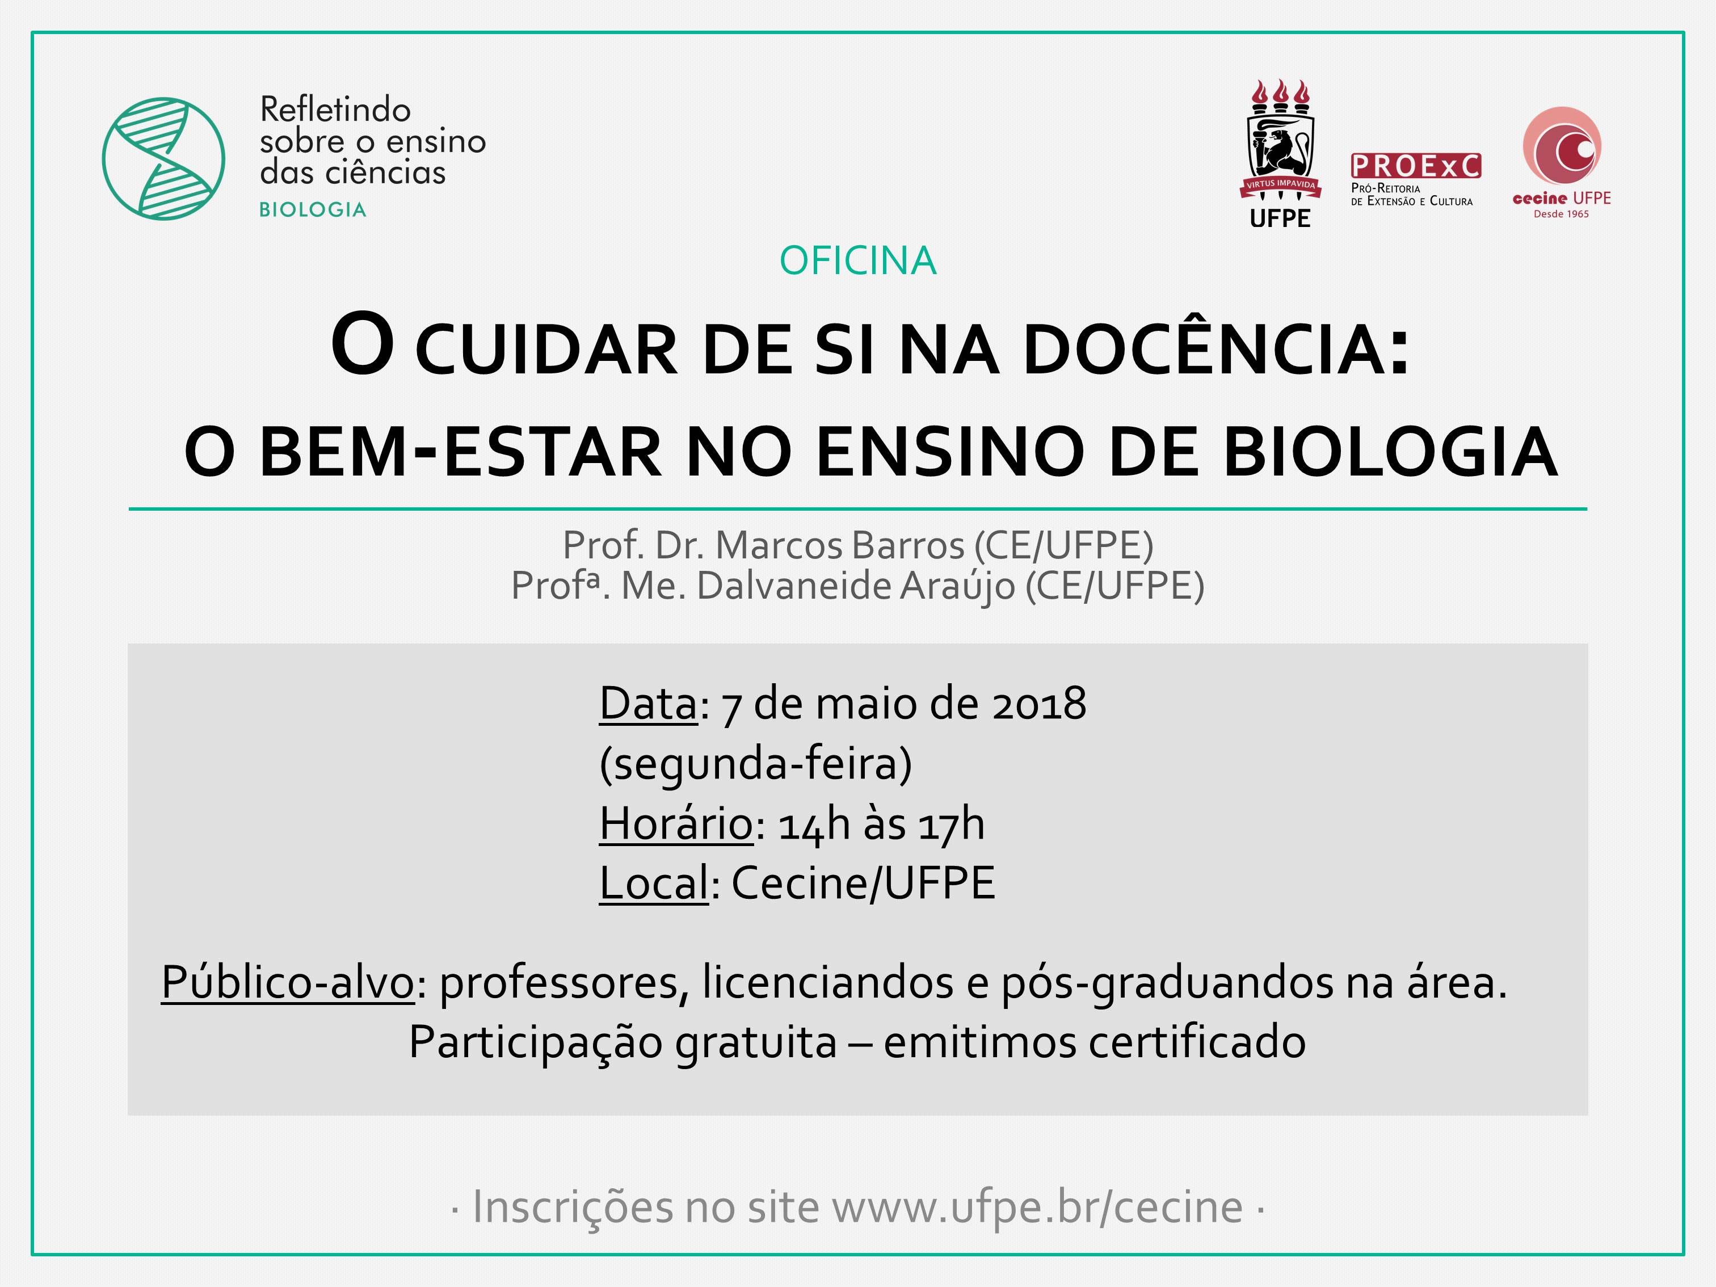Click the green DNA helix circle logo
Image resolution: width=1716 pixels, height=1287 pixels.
coord(163,158)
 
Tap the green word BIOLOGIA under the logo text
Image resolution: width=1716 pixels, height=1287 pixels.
coord(313,209)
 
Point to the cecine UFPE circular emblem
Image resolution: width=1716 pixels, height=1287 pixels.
coord(1562,146)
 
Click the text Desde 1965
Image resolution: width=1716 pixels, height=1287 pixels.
coord(1561,214)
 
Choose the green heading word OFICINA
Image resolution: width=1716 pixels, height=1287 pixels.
coord(858,260)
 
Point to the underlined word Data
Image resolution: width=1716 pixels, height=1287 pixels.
coord(649,704)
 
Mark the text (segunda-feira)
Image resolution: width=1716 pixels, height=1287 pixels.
coord(756,764)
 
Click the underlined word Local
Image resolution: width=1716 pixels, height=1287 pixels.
coord(654,883)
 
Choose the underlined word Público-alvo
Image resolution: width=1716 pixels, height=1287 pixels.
coord(288,982)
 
